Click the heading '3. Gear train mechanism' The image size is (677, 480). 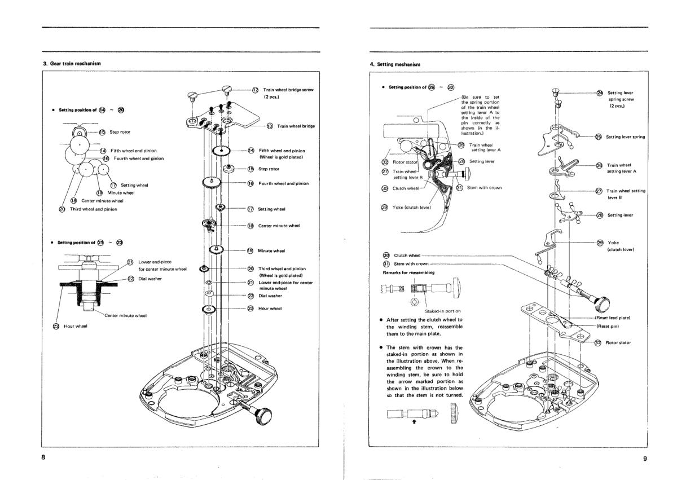pos(72,63)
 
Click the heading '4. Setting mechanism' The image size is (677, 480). pos(395,64)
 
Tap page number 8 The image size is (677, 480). pos(43,457)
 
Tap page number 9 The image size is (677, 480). pos(645,459)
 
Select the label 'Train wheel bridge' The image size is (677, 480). pos(296,126)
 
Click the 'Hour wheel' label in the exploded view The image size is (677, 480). pos(270,308)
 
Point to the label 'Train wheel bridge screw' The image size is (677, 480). pos(288,90)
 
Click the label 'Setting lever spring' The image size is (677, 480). pos(625,137)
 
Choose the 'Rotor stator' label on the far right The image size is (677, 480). pos(618,342)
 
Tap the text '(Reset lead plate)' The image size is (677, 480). pos(613,318)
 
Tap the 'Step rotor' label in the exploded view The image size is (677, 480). pos(269,169)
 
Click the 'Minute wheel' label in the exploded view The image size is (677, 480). pos(271,250)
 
